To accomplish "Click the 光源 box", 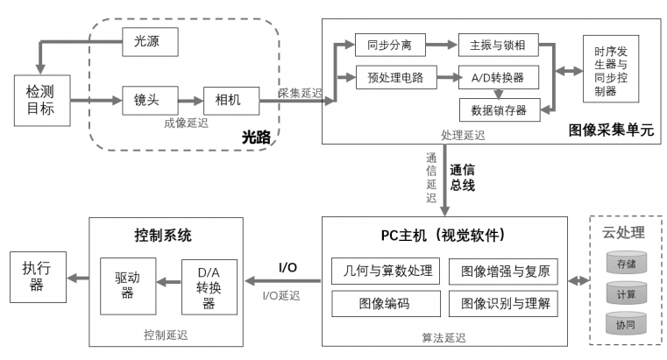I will (151, 39).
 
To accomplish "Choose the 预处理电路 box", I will (389, 76).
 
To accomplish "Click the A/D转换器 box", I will (498, 76).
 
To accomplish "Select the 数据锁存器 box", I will (498, 109).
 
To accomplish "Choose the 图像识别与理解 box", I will (503, 304).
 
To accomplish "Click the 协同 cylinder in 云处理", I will (626, 324).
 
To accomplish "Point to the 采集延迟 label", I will (300, 92).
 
